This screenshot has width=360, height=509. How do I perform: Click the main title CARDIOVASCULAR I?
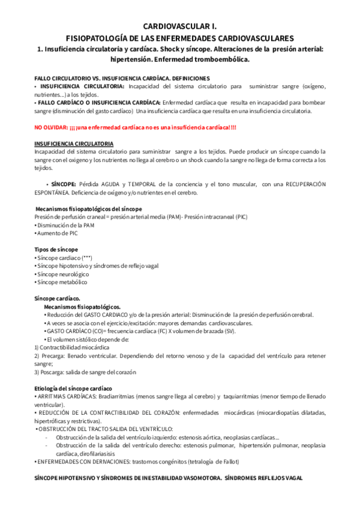click(179, 26)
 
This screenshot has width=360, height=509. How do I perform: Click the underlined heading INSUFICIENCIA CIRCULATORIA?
click(73, 144)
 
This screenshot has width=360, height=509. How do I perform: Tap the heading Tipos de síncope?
click(56, 249)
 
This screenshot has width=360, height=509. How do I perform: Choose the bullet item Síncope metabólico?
click(61, 282)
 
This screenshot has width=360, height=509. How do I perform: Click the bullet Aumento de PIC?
click(57, 232)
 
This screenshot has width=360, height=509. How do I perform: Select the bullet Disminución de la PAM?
click(65, 224)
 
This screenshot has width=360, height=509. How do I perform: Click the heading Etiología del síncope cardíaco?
click(73, 388)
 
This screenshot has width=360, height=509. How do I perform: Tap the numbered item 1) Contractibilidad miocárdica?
click(71, 347)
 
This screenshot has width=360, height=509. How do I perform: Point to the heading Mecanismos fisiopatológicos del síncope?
click(89, 208)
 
